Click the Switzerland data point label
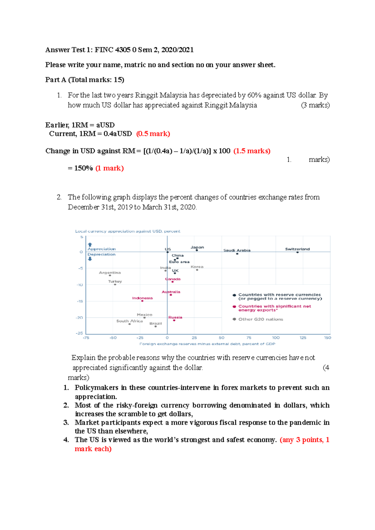coord(297,249)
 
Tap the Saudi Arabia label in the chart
coord(237,250)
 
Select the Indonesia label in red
coord(142,298)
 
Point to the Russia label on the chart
coord(175,317)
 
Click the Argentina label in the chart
coord(110,272)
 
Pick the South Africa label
coord(129,321)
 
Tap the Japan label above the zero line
coord(197,247)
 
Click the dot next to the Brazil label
coord(156,326)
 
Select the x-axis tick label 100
coord(276,338)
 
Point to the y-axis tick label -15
coord(80,301)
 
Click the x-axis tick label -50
coord(113,338)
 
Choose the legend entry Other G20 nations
coord(260,319)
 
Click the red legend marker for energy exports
coord(234,307)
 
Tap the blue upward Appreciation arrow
coord(90,245)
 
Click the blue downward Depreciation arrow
coord(90,259)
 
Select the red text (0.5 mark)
coord(153,134)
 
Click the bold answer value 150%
coord(83,168)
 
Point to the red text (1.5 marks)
coord(252,151)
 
